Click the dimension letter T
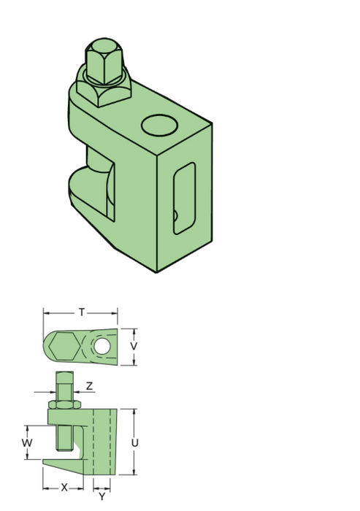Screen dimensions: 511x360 point(82,312)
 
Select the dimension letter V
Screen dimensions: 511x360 point(134,345)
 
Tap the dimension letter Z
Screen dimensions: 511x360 point(88,386)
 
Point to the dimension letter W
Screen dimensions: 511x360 point(26,443)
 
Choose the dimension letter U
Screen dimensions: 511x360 point(135,443)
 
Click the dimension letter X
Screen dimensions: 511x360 point(64,487)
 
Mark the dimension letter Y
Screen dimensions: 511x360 point(102,496)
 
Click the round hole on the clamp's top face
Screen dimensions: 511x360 point(160,125)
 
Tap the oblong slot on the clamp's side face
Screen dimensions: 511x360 point(184,198)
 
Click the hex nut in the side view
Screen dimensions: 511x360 point(64,404)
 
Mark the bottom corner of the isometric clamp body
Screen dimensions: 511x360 point(157,272)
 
